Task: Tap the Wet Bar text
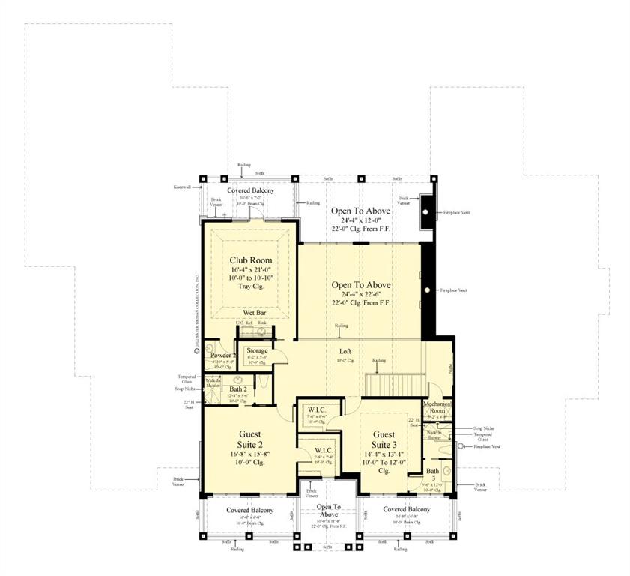[x=253, y=312]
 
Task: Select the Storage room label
[x=258, y=350]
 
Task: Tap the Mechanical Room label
[x=436, y=406]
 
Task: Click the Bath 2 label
[x=238, y=388]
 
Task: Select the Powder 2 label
[x=223, y=355]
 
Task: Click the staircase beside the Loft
[x=395, y=383]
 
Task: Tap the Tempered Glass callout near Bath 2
[x=187, y=379]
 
